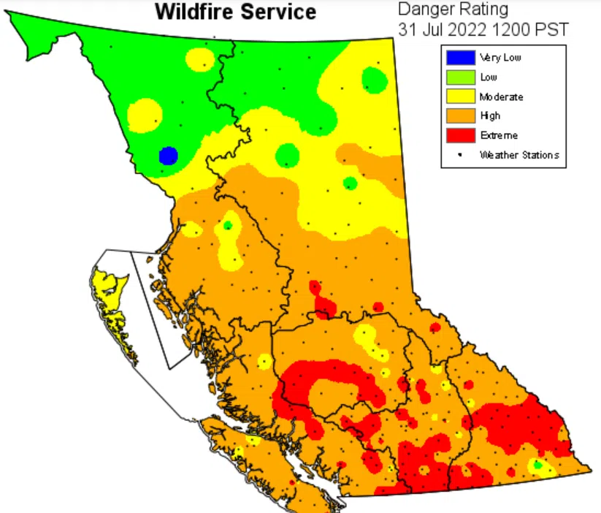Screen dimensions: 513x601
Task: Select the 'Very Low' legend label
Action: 499,58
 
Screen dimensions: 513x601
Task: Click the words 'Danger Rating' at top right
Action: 453,9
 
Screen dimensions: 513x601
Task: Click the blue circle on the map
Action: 168,156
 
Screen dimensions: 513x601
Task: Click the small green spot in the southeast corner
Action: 538,465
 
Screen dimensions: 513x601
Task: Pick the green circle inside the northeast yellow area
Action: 374,78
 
